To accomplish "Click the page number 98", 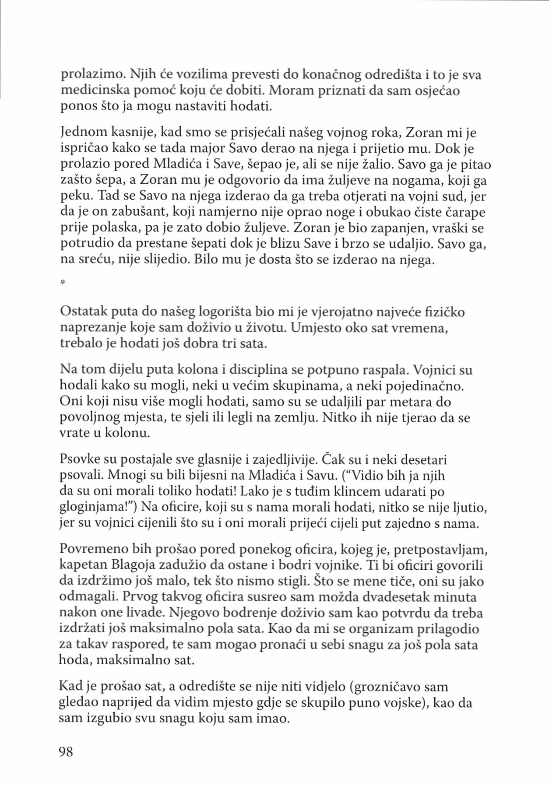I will [x=66, y=752].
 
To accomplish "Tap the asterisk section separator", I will [x=63, y=283].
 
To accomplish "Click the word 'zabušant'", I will [x=138, y=212].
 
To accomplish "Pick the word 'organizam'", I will [x=383, y=629].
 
